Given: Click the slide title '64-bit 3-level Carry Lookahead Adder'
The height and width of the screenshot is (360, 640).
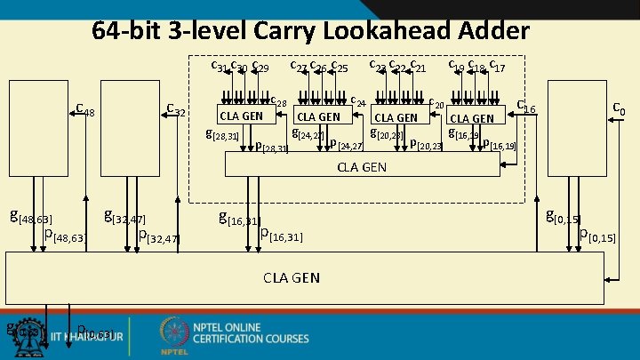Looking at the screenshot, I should (x=310, y=31).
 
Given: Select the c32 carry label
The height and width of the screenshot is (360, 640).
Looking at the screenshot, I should (x=175, y=110).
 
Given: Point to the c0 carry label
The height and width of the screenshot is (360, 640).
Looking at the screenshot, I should (x=619, y=109).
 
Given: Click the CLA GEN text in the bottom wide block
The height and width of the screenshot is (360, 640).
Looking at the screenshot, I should (x=292, y=278).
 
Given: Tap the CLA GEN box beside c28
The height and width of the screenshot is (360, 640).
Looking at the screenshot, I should (x=241, y=116).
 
